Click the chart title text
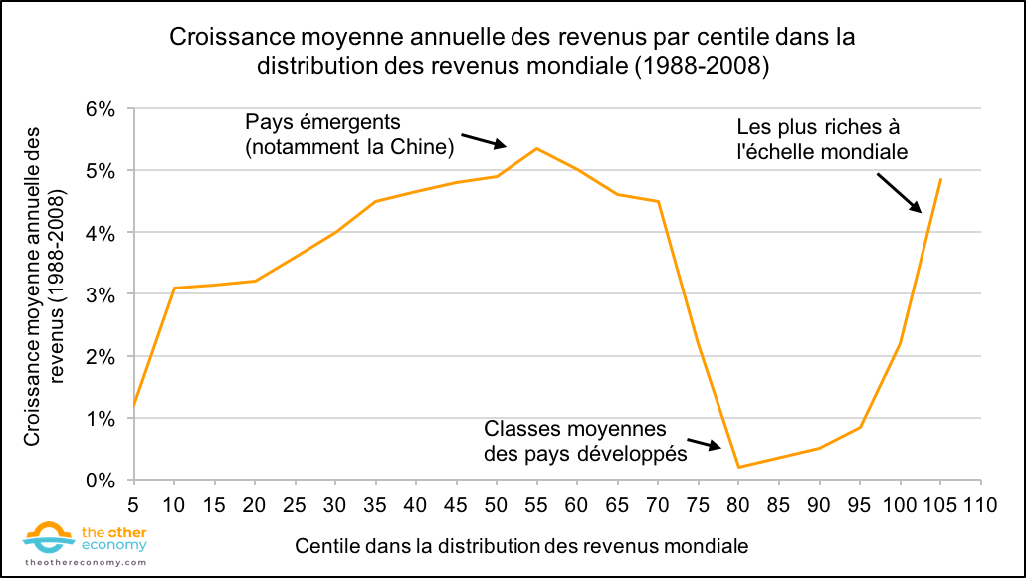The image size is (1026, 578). (x=513, y=51)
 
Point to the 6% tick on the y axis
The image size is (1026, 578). (x=103, y=108)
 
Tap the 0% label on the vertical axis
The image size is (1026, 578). (x=103, y=481)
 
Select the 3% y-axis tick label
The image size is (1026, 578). (x=103, y=294)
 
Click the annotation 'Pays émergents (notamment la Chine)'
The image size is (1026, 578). (x=349, y=135)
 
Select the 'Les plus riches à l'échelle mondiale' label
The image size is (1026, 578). (x=821, y=140)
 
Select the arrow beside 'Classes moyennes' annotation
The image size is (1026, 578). (x=704, y=445)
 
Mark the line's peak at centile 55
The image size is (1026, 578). (x=537, y=149)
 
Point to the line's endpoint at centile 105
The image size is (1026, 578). (x=940, y=180)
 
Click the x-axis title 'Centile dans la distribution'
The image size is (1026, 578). (x=521, y=546)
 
